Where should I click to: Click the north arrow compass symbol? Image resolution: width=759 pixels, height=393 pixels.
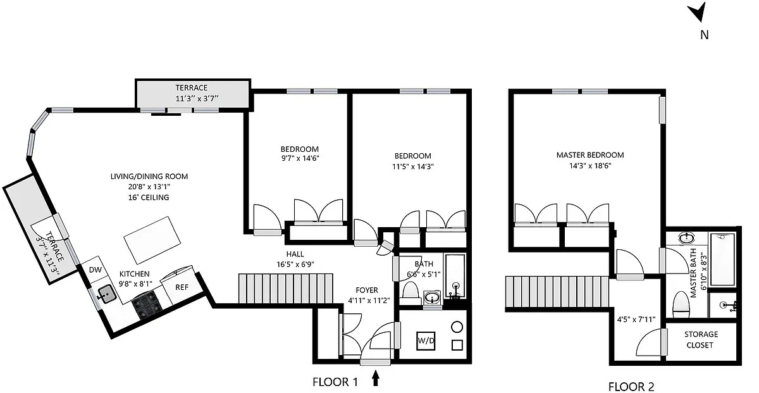tap(699, 13)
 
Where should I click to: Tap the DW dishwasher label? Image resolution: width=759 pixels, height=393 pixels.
tap(96, 270)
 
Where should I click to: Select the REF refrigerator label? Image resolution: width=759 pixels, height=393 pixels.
tap(182, 287)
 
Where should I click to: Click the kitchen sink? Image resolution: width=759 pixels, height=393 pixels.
tap(108, 294)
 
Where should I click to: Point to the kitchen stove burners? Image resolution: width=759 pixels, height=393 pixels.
tap(147, 306)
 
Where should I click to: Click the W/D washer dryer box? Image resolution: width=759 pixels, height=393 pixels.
tap(426, 340)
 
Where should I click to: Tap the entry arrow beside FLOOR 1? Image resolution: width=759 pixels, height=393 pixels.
tap(376, 378)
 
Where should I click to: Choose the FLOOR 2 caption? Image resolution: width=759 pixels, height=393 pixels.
tap(631, 387)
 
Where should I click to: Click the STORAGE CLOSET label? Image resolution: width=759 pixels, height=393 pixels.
tap(701, 339)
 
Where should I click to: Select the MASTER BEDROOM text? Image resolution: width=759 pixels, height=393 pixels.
tap(590, 155)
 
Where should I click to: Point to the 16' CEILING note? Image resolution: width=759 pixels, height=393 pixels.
tap(149, 197)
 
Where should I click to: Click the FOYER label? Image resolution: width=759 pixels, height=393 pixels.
tap(367, 290)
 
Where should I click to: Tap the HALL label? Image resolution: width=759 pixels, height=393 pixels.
tap(295, 254)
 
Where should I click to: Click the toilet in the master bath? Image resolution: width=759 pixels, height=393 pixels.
tap(681, 304)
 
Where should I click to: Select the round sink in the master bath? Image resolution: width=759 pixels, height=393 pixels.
tap(686, 238)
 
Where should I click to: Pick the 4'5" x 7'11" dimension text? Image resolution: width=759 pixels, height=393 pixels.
tap(636, 320)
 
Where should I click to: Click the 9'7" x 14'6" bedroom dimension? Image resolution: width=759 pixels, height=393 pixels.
tap(300, 158)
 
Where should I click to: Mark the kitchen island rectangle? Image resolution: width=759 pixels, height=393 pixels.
tap(152, 240)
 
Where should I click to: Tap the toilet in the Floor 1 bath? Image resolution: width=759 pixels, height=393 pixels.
tap(410, 293)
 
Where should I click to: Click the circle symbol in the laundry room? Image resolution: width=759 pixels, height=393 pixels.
tap(457, 327)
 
